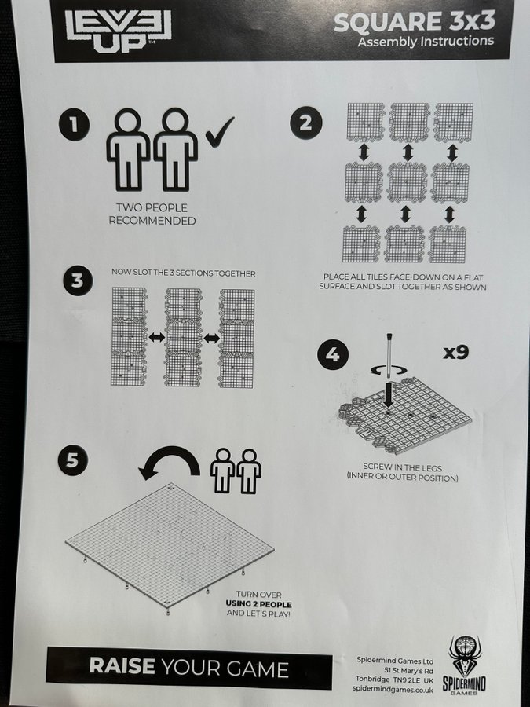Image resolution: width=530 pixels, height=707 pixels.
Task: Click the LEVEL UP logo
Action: tap(118, 31)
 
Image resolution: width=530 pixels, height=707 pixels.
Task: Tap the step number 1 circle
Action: tap(74, 124)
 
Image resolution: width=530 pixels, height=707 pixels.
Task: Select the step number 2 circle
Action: tap(305, 123)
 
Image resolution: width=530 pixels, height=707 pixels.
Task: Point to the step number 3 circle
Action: tap(78, 280)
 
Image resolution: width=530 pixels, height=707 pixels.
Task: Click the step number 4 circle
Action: tap(333, 355)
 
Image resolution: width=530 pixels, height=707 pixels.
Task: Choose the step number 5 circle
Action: tap(72, 460)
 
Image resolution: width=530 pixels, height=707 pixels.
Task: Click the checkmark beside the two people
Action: tap(220, 132)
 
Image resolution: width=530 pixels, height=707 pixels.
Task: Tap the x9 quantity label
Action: tap(456, 352)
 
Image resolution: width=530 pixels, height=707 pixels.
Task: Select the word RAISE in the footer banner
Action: tap(122, 666)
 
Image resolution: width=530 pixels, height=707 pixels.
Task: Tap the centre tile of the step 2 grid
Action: tap(407, 183)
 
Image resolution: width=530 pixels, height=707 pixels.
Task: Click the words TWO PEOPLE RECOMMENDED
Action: tap(152, 214)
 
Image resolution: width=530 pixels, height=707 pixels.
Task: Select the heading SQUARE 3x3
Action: tap(415, 22)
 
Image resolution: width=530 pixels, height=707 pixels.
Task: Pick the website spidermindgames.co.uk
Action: tap(393, 690)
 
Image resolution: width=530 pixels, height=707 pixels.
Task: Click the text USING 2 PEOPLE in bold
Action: tap(258, 604)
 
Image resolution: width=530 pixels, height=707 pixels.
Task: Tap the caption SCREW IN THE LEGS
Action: tap(403, 467)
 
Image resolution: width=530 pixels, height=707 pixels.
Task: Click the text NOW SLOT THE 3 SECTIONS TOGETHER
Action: tap(184, 273)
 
